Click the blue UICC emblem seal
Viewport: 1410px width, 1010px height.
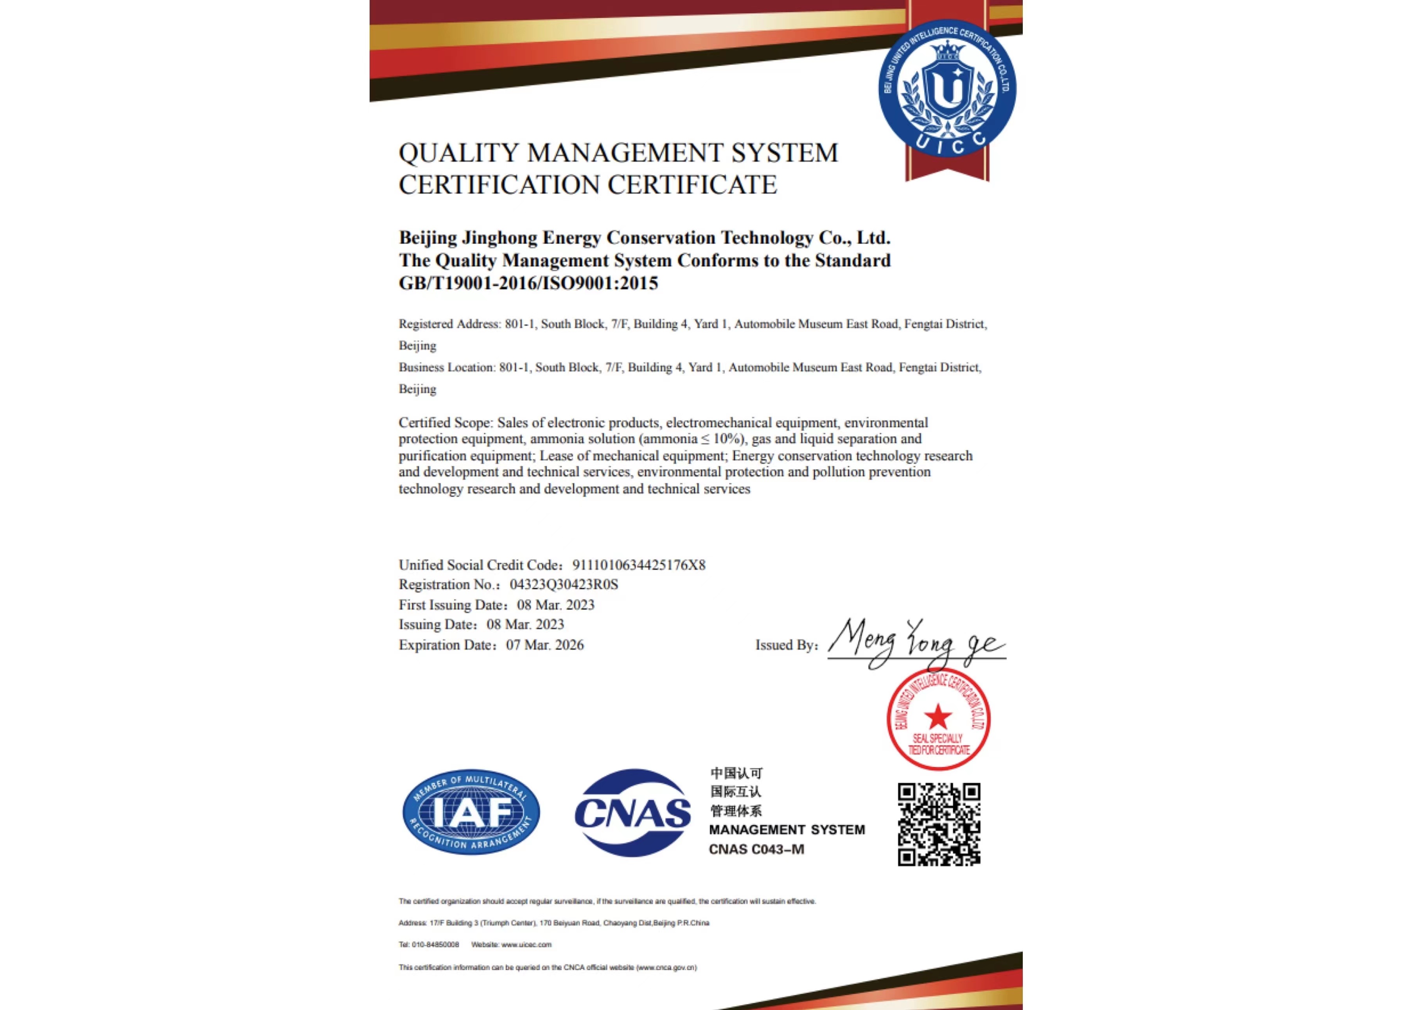(947, 88)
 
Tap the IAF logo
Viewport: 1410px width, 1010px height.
(471, 812)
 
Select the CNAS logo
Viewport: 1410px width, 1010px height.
(632, 812)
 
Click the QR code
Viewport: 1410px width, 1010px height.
(939, 824)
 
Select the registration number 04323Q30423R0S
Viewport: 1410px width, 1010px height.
(564, 585)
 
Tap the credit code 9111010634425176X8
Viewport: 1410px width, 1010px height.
(638, 565)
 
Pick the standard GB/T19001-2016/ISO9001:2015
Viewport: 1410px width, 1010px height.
(528, 284)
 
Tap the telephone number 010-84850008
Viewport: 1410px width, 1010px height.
(435, 945)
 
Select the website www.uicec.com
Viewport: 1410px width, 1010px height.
(526, 945)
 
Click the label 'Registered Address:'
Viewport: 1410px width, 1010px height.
(449, 324)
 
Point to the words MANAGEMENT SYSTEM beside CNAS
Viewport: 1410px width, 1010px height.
(787, 830)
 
